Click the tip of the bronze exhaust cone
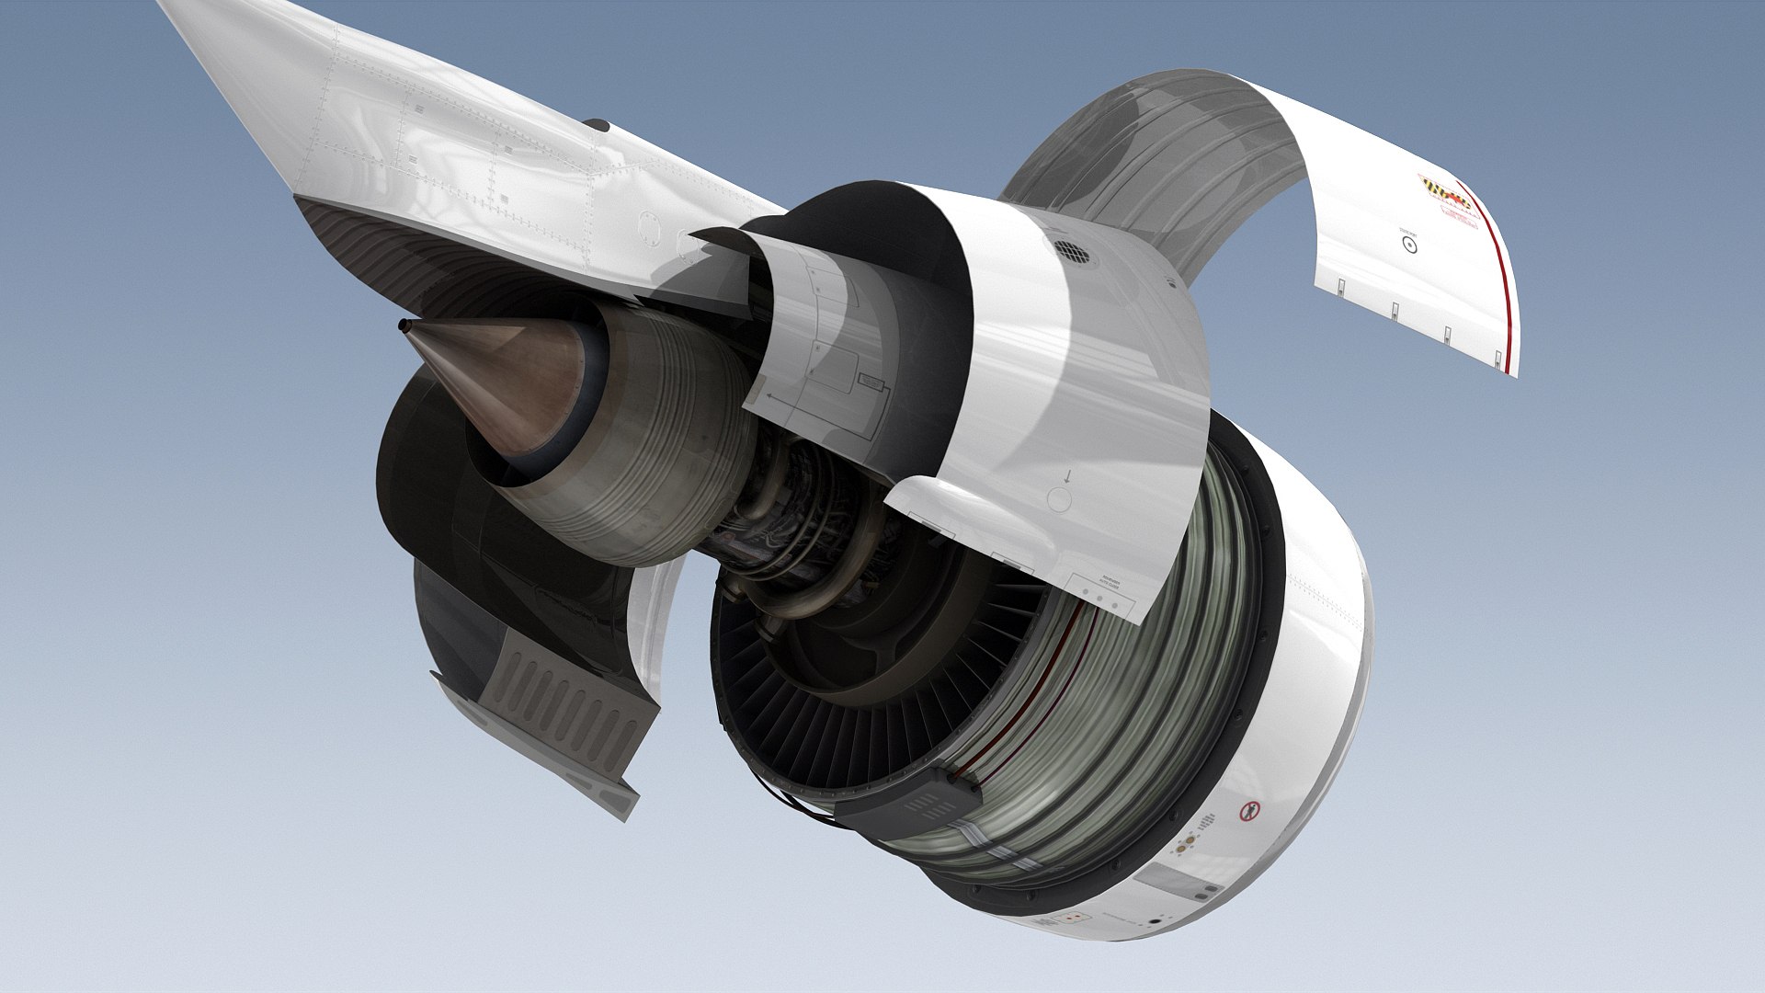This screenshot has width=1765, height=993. point(404,325)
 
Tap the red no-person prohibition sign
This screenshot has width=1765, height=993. point(1248,811)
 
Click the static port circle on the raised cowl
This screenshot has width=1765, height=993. point(1408,244)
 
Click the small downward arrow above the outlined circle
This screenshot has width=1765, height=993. point(1066,476)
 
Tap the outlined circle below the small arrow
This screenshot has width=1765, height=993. point(1060,500)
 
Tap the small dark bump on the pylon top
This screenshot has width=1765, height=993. point(597,123)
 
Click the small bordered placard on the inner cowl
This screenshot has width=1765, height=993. point(869,379)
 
